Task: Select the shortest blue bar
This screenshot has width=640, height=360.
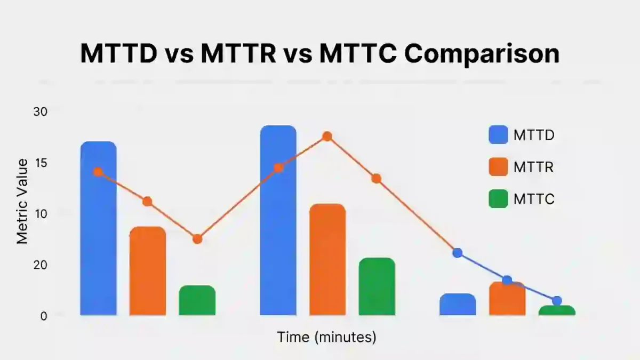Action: point(458,305)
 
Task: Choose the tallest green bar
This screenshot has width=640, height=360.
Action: point(377,287)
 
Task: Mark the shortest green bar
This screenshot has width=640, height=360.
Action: point(557,310)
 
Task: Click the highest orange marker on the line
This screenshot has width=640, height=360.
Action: point(327,137)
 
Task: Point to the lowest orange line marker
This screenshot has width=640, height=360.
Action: point(197,239)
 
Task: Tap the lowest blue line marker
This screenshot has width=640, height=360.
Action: point(557,301)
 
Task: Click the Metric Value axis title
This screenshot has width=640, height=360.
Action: point(22,202)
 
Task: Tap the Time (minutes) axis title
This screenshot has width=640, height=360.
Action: point(326,337)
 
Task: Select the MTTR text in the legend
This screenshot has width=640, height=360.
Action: point(533,167)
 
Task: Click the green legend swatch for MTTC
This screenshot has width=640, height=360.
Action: point(498,199)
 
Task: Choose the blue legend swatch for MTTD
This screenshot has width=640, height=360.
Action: point(498,135)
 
